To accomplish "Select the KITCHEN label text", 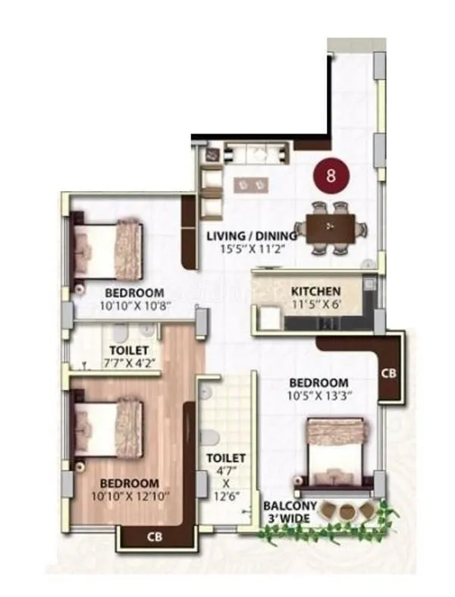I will click(x=316, y=291).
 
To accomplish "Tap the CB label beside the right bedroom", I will click(x=388, y=373).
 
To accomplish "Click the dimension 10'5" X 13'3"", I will click(x=318, y=396).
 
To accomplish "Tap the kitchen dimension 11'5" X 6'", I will click(x=316, y=304).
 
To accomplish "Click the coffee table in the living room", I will click(x=251, y=184).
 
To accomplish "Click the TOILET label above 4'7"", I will click(x=226, y=458).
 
